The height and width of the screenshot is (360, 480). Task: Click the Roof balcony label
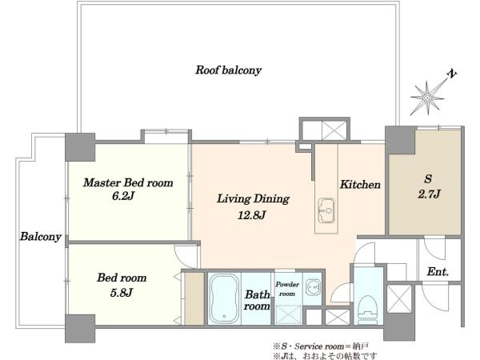(x=228, y=70)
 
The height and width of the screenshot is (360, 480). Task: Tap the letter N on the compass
(x=452, y=74)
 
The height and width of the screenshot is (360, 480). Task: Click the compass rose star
(x=428, y=98)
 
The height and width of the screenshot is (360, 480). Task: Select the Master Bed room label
(x=128, y=182)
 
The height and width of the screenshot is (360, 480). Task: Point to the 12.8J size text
(x=252, y=215)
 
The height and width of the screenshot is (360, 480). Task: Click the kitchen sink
(x=326, y=210)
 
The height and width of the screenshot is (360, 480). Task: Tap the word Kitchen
(x=360, y=184)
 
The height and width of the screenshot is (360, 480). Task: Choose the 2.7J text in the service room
(x=429, y=194)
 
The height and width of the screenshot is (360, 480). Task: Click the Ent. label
(x=438, y=271)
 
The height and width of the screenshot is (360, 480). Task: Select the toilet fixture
(x=368, y=307)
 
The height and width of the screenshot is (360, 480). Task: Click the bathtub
(x=224, y=298)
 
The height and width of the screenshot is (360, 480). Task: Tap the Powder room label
(x=287, y=289)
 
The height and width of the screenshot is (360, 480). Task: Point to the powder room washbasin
(x=313, y=288)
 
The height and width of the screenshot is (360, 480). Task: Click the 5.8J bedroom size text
(x=122, y=293)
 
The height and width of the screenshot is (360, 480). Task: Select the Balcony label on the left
(x=41, y=237)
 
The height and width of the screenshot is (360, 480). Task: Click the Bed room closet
(x=194, y=298)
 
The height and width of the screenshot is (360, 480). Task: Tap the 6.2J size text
(x=123, y=196)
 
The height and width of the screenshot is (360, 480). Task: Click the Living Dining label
(x=253, y=199)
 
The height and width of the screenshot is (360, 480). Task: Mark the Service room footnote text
(x=321, y=346)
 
